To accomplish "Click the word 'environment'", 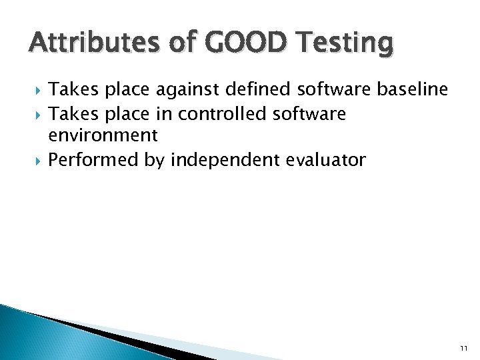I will pyautogui.click(x=103, y=136).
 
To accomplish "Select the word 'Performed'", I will pyautogui.click(x=93, y=160).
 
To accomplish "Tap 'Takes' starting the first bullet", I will pyautogui.click(x=71, y=89).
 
